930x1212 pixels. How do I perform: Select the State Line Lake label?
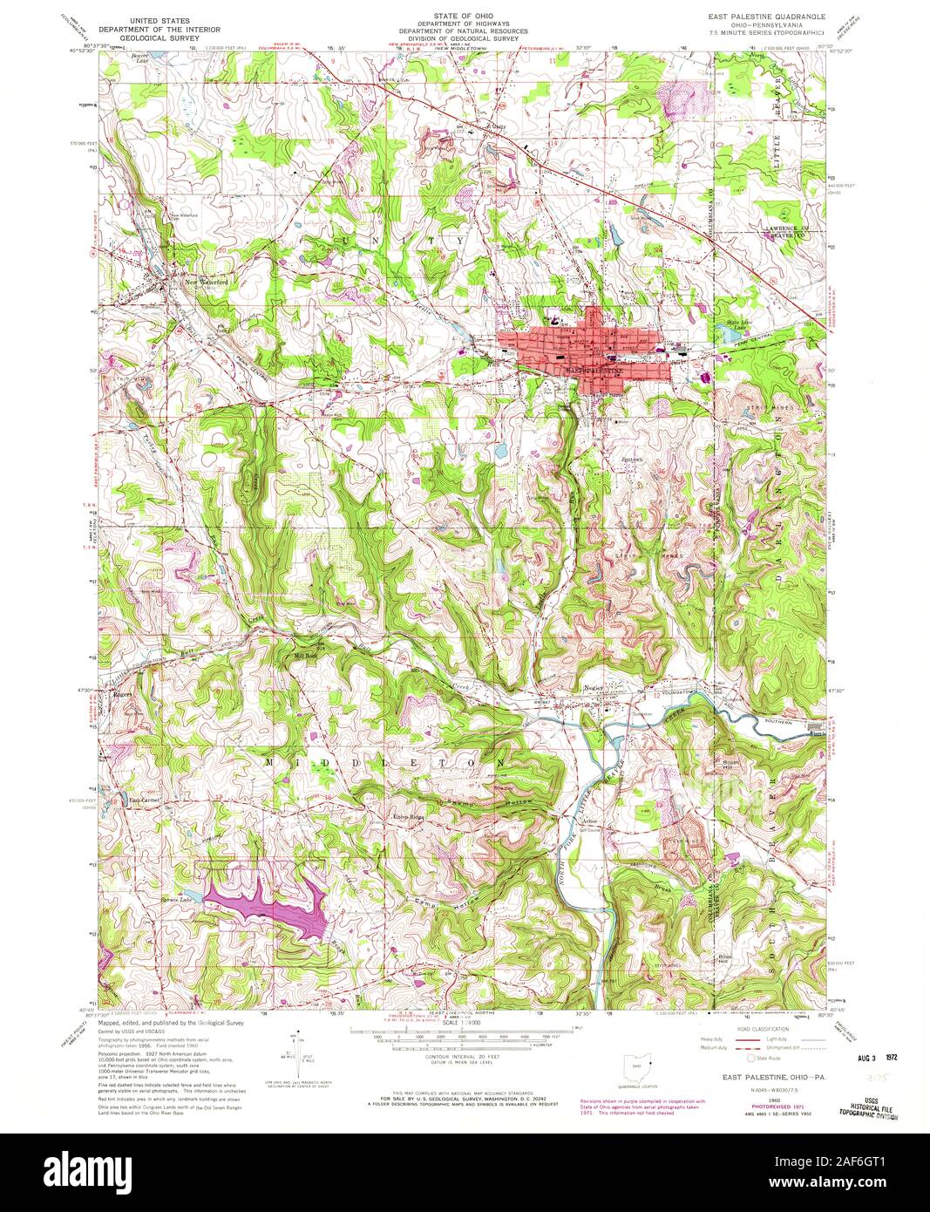point(739,324)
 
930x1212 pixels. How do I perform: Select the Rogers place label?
point(122,695)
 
